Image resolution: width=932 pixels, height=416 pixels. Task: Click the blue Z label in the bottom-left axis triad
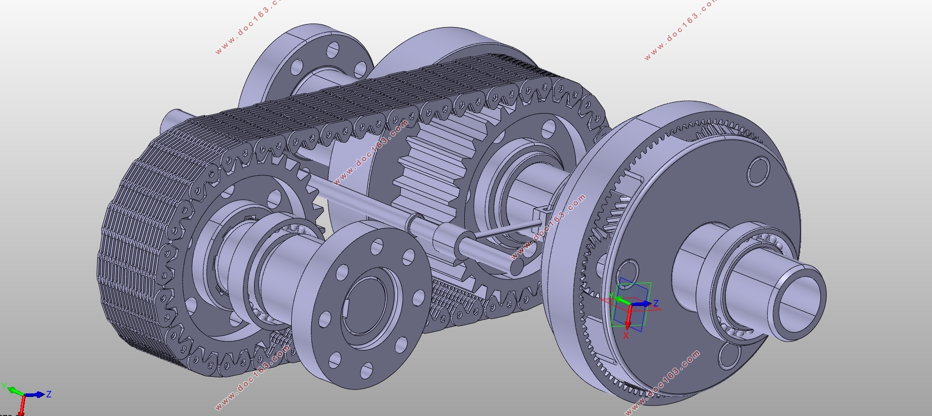[x=49, y=394]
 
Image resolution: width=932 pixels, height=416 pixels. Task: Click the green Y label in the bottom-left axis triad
[x=4, y=386]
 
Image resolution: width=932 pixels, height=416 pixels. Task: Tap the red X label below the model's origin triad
[x=626, y=336]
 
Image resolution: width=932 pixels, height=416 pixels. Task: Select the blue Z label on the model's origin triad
[x=655, y=303]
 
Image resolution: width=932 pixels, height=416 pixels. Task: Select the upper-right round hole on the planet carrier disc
[x=758, y=171]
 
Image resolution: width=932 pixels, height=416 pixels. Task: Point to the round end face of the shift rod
[x=517, y=266]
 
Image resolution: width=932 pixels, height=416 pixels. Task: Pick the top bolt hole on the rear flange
[x=333, y=50]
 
